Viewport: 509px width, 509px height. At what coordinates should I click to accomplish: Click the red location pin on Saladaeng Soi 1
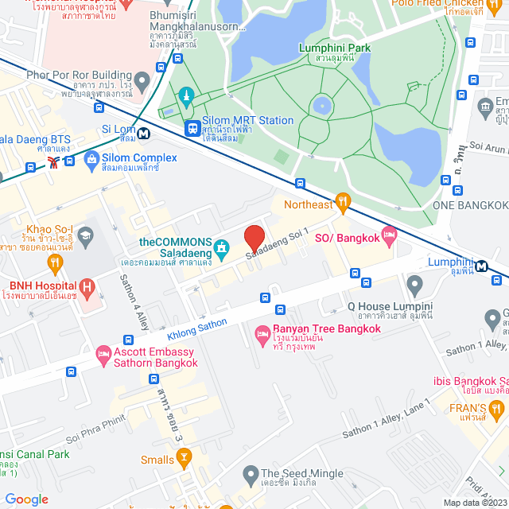[x=254, y=239]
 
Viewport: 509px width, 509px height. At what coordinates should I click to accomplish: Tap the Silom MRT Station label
[x=239, y=121]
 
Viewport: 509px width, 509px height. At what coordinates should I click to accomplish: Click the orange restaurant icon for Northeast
[x=343, y=204]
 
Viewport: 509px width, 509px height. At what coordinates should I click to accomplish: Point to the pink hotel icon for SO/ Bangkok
[x=389, y=235]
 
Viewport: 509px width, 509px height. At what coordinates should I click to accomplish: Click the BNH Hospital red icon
[x=88, y=285]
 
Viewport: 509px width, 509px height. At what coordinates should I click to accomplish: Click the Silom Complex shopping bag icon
[x=93, y=160]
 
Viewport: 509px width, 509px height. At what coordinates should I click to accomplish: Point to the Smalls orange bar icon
[x=185, y=457]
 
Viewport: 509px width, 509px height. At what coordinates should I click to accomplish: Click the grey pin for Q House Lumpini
[x=414, y=284]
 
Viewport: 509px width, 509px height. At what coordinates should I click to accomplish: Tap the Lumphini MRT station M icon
[x=483, y=266]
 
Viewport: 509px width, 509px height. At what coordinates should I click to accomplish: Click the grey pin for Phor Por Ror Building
[x=142, y=80]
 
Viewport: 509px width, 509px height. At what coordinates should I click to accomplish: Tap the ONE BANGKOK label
[x=468, y=204]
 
